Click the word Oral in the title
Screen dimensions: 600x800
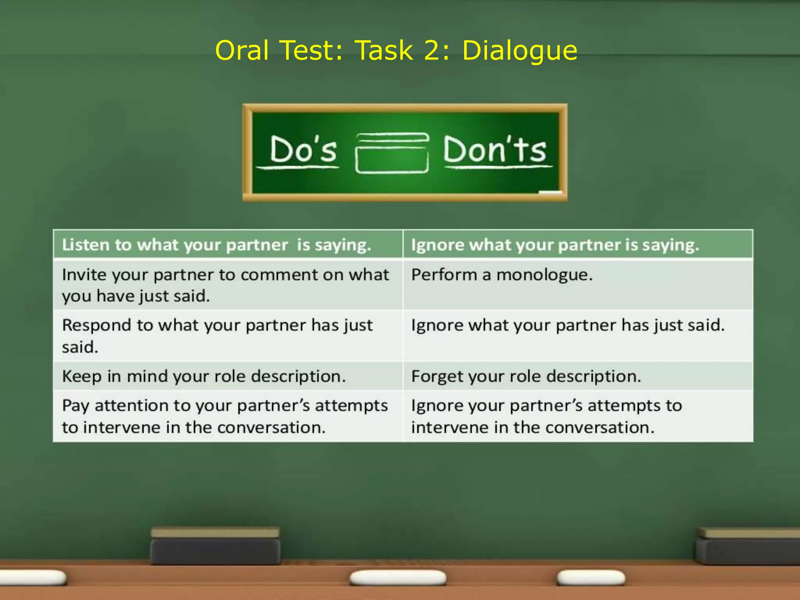click(242, 50)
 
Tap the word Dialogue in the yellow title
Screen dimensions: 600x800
click(519, 51)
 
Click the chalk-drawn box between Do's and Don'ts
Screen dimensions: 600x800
click(392, 153)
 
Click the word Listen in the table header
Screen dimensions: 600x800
click(86, 245)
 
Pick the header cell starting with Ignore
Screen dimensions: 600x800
click(555, 245)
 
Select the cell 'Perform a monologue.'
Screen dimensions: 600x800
click(502, 275)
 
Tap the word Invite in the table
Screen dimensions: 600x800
click(84, 275)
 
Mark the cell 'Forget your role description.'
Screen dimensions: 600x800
click(526, 377)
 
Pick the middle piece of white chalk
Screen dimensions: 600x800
click(398, 577)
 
